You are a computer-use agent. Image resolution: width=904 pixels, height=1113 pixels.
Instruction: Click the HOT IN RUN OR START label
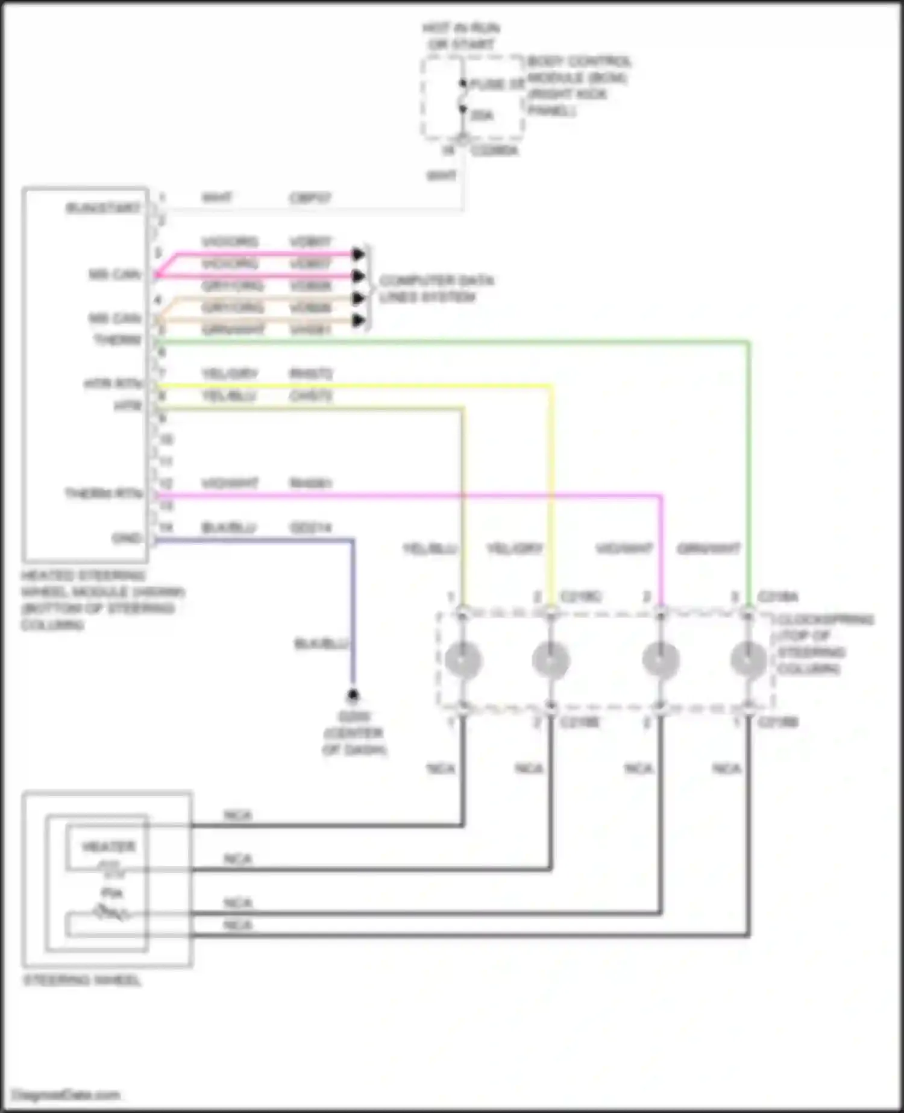coord(461,36)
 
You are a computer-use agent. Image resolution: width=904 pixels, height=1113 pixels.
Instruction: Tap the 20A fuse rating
coord(482,115)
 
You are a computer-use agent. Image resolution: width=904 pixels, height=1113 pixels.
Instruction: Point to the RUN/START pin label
coord(103,208)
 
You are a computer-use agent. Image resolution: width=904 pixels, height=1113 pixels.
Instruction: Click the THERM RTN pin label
coord(104,494)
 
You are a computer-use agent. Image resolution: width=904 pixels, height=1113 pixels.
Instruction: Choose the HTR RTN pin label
coord(113,383)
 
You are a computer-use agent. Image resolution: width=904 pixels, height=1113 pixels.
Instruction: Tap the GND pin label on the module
coord(127,538)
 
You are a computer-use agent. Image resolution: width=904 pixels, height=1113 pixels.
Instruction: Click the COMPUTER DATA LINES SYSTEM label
coord(436,289)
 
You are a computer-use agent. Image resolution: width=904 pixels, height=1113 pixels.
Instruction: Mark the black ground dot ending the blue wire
coord(353,696)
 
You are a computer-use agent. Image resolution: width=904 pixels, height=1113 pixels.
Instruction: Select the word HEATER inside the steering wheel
coord(108,847)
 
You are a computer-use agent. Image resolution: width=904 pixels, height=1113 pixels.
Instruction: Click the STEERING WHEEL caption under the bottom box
coord(82,980)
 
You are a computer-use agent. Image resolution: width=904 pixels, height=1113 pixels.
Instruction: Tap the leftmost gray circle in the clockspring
coord(463,659)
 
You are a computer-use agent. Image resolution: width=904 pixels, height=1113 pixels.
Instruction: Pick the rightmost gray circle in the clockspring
coord(749,659)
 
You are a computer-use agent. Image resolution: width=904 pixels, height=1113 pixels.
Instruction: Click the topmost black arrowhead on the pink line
coord(359,254)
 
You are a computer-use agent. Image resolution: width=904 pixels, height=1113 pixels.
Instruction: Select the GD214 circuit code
coord(310,528)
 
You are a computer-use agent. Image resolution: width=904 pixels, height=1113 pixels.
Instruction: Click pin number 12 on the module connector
coord(165,484)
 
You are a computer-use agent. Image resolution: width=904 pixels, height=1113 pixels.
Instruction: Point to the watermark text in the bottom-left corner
coord(66,1095)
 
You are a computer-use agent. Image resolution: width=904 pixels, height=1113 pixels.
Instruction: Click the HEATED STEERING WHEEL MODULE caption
coord(102,600)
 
